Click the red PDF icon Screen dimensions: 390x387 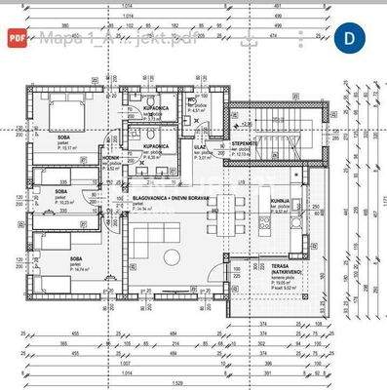pyautogui.click(x=17, y=38)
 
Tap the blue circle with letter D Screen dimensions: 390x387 pyautogui.click(x=350, y=38)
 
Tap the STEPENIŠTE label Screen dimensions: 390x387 pyautogui.click(x=244, y=143)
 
